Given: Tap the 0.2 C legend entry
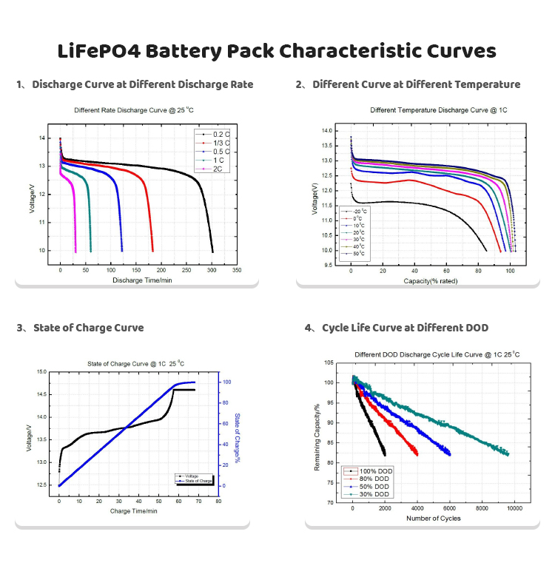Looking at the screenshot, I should point(221,133).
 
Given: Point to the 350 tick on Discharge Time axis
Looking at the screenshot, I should point(237,271).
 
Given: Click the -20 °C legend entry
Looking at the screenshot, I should point(360,211).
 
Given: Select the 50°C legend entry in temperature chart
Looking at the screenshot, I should point(360,254).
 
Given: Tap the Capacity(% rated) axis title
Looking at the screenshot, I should point(432,281).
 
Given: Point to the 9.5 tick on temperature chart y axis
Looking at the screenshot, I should point(328,266).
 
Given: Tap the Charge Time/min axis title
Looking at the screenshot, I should point(130,510).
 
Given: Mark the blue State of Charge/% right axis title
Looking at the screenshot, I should point(236,439).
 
